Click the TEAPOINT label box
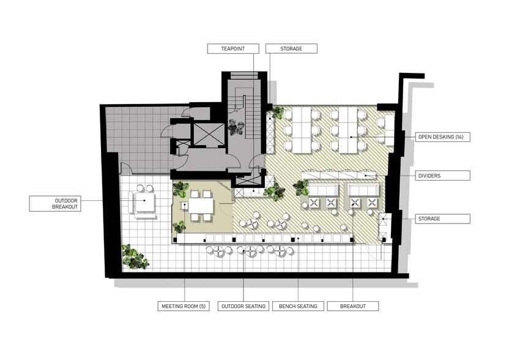(233, 49)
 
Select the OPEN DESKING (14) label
(442, 137)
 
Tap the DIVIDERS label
(442, 176)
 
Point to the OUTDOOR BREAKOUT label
(55, 204)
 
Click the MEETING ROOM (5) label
(184, 306)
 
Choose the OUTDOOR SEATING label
(243, 306)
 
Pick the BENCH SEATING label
(298, 306)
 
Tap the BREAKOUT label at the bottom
(353, 306)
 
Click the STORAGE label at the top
(291, 49)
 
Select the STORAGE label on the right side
(442, 219)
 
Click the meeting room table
(201, 206)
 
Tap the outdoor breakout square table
(145, 202)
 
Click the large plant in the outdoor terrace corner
(135, 257)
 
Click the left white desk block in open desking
(302, 130)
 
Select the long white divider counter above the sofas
(338, 175)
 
